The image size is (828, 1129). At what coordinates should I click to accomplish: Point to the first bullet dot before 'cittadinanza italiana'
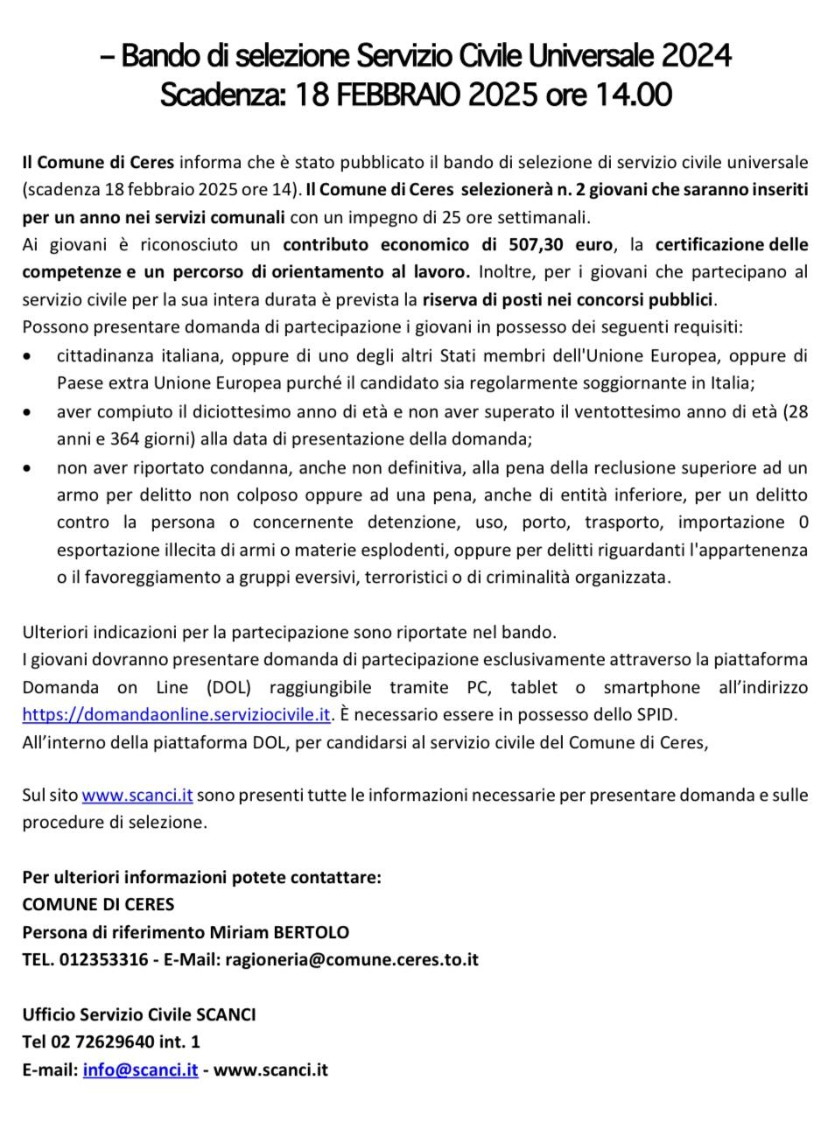click(31, 357)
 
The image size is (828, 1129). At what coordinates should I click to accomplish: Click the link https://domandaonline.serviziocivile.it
click(176, 714)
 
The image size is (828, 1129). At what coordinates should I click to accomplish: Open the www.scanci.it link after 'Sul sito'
click(137, 796)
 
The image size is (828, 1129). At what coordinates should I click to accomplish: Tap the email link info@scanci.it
click(140, 1069)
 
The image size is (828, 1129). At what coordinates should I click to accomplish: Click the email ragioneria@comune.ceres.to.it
click(352, 959)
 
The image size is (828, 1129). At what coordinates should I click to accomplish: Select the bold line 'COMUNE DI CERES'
click(98, 904)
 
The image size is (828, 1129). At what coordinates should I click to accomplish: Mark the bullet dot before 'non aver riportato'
click(31, 467)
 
